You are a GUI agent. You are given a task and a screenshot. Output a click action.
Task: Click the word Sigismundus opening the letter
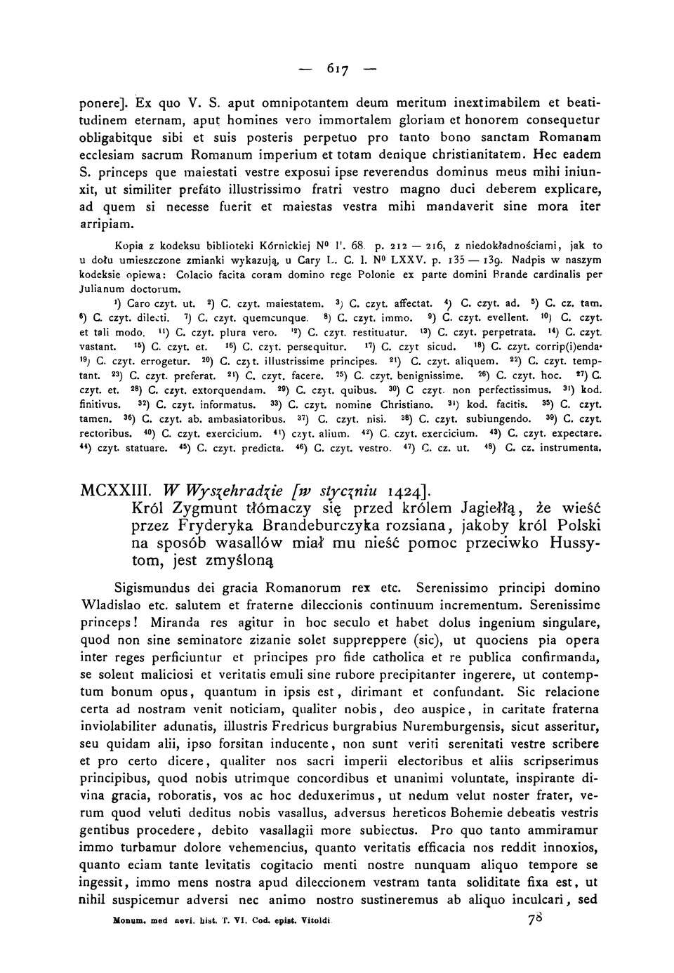pyautogui.click(x=154, y=587)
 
